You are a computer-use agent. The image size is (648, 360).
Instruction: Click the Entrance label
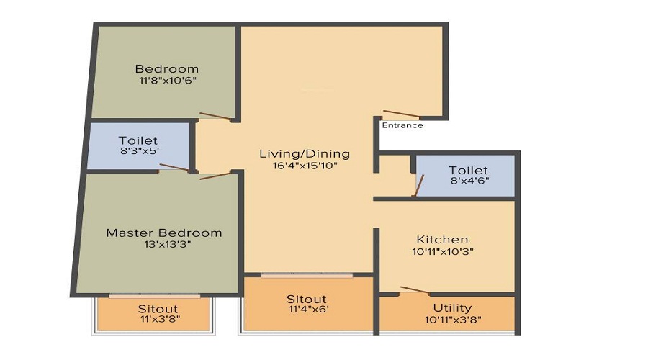[x=402, y=125]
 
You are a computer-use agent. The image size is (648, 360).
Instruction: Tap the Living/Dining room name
[x=305, y=153]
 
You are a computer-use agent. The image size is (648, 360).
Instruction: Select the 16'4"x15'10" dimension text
[x=305, y=166]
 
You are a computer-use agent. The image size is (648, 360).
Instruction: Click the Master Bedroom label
[x=164, y=233]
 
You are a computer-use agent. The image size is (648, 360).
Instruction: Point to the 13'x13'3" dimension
[x=164, y=245]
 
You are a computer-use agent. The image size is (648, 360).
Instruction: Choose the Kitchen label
[x=442, y=239]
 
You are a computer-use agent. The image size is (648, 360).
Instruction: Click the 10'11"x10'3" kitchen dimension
[x=442, y=251]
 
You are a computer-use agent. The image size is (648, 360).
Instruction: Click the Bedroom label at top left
[x=167, y=68]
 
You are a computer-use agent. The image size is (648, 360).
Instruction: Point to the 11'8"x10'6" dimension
[x=167, y=81]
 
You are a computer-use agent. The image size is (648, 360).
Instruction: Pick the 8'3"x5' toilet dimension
[x=138, y=153]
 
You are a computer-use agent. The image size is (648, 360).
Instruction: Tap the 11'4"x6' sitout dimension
[x=307, y=311]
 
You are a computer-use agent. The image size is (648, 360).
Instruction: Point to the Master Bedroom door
[x=215, y=175]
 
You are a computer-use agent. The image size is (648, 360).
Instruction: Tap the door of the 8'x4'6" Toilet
[x=417, y=185]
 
